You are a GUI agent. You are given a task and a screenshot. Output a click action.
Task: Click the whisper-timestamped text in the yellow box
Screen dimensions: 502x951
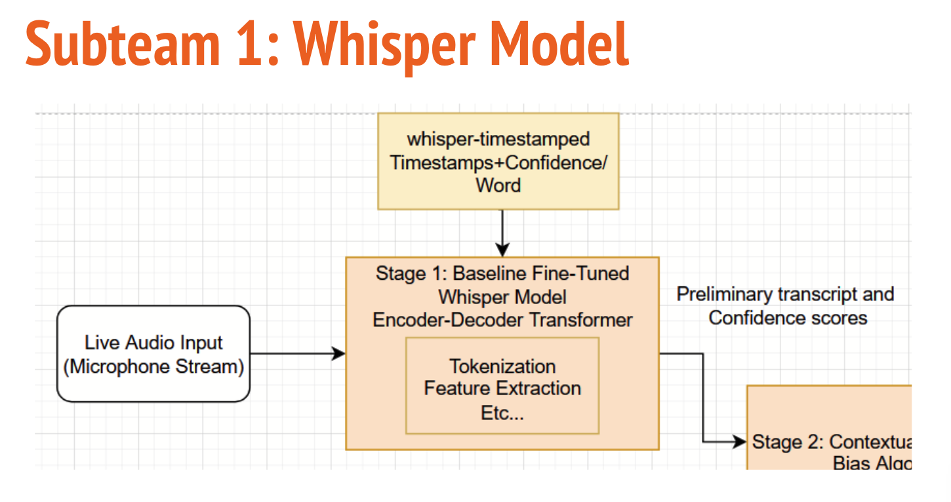click(x=498, y=139)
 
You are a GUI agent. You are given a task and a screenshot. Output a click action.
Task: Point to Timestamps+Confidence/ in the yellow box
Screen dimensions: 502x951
click(x=498, y=162)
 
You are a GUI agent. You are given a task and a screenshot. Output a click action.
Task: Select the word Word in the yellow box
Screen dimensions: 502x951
click(x=498, y=185)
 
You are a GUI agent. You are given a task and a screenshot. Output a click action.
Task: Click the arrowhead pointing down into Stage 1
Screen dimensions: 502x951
click(x=502, y=250)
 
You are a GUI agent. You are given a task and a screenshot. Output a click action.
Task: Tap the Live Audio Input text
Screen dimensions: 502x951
click(x=153, y=343)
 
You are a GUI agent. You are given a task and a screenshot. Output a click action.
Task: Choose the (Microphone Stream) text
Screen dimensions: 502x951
click(x=153, y=366)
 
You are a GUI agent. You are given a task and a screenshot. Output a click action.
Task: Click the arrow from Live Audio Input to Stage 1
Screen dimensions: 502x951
click(x=295, y=354)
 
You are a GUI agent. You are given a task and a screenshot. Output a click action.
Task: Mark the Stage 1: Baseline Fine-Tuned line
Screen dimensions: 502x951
click(x=502, y=273)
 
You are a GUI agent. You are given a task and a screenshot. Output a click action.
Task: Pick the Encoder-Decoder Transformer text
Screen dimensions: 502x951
click(x=502, y=320)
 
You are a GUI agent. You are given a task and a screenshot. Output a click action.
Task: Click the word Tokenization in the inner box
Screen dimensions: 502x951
click(x=502, y=366)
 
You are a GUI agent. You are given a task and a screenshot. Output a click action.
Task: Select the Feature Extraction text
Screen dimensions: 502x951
click(x=502, y=388)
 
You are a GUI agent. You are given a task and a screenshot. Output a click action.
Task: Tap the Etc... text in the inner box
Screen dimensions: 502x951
click(x=502, y=413)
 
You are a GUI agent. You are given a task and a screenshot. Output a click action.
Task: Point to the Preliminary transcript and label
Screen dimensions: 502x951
click(x=785, y=294)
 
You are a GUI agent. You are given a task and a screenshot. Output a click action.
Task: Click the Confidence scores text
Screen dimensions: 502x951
click(x=788, y=318)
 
